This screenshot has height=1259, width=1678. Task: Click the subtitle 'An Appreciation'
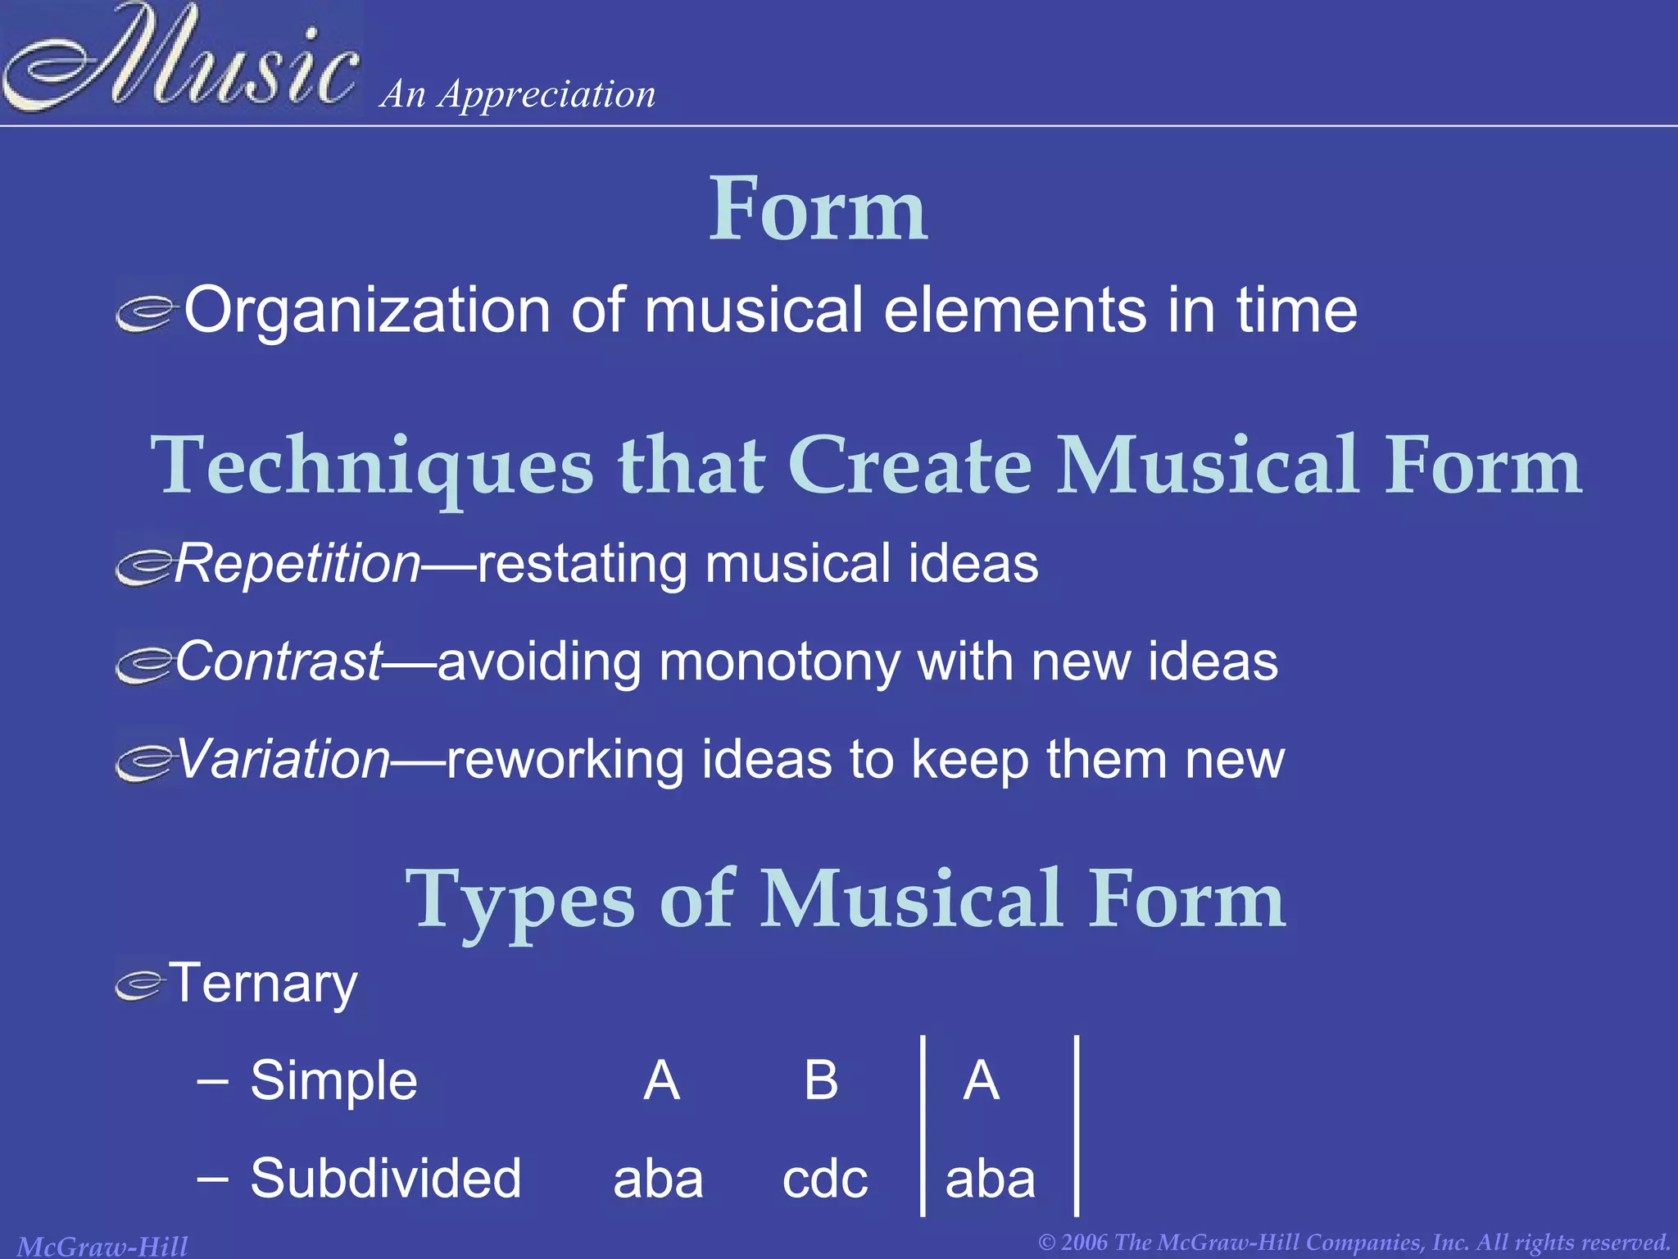pos(518,94)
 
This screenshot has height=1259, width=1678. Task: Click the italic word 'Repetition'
pos(297,564)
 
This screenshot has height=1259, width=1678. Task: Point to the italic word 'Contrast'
pos(279,661)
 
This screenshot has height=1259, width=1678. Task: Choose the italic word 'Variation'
pos(283,759)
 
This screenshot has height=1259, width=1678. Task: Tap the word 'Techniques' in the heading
pos(372,466)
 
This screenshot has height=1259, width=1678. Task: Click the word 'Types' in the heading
pos(519,900)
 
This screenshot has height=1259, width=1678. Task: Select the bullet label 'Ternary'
pos(263,984)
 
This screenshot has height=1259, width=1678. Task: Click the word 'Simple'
pos(333,1080)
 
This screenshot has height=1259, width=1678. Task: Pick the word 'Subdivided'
pos(385,1179)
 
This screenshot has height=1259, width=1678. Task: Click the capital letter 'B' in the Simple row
pos(821,1080)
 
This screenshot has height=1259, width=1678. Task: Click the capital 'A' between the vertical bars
pos(981,1080)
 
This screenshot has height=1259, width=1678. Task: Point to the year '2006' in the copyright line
pos(1085,1243)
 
